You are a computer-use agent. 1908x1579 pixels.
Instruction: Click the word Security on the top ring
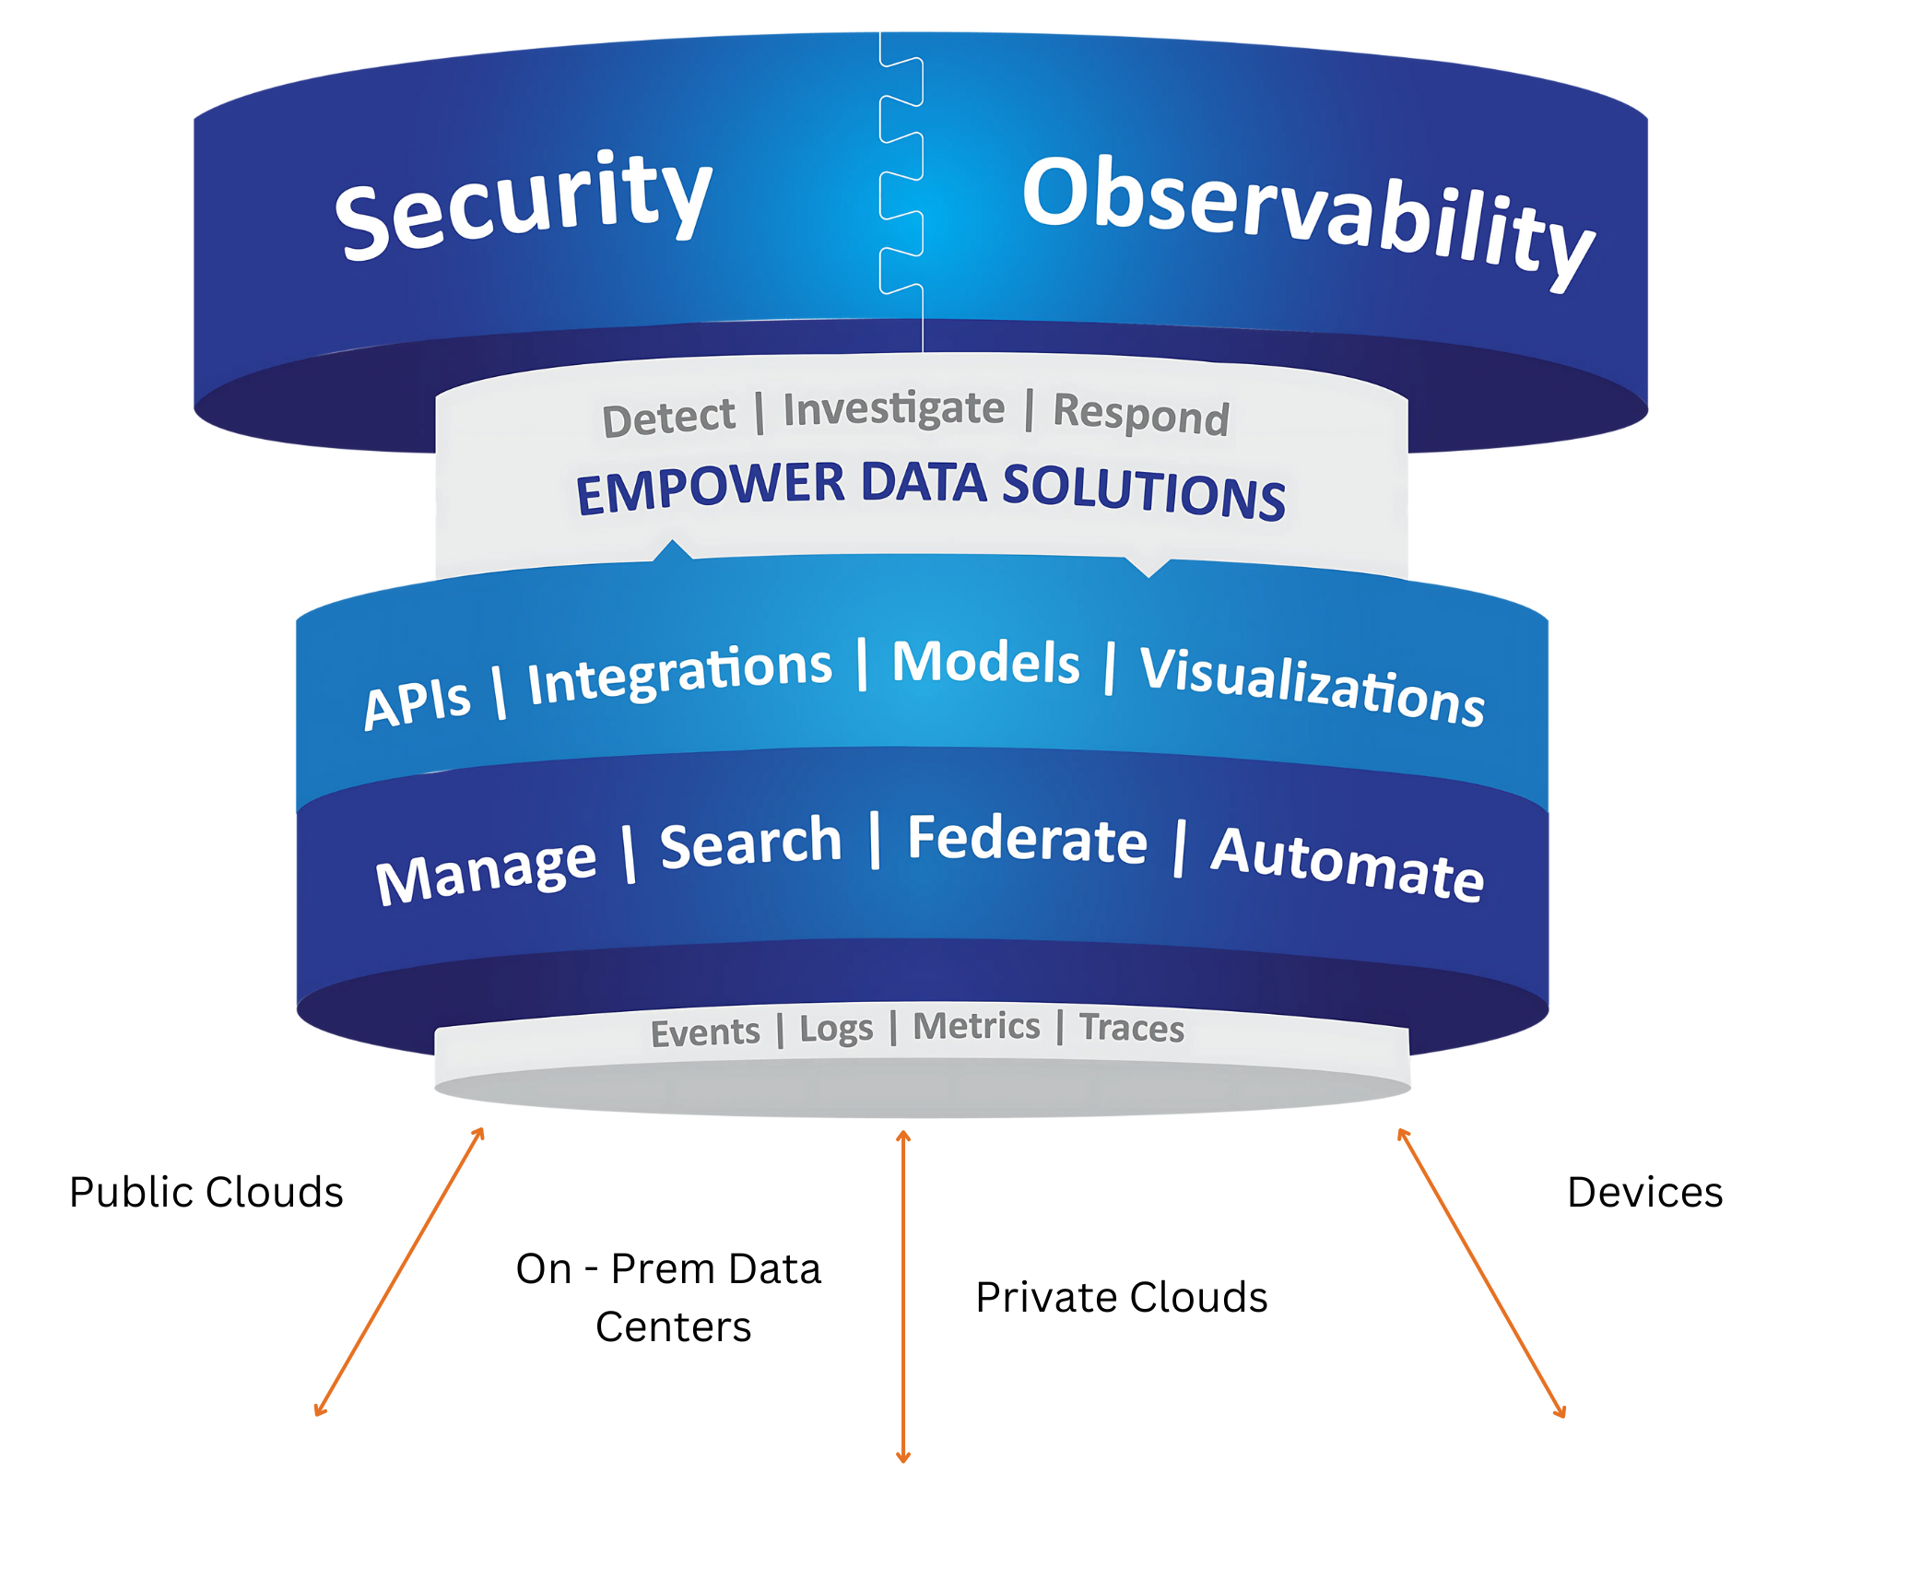click(x=523, y=207)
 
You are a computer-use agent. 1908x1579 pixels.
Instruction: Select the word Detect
click(x=668, y=418)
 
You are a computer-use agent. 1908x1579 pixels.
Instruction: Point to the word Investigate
click(x=893, y=409)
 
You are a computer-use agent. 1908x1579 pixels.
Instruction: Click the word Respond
click(x=1141, y=415)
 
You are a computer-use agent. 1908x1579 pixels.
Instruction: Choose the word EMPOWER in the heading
click(x=710, y=488)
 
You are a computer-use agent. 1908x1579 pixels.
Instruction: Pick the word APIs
click(x=417, y=702)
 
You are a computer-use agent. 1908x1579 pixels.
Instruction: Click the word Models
click(x=985, y=662)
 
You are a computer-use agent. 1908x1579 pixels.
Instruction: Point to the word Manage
click(x=486, y=870)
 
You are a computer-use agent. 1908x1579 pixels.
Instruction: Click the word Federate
click(x=1027, y=840)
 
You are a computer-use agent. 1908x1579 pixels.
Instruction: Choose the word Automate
click(x=1347, y=864)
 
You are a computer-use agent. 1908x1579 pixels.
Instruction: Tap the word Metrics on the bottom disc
click(x=976, y=1026)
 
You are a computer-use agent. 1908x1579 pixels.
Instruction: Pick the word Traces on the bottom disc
click(x=1132, y=1028)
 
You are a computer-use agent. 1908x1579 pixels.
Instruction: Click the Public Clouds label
click(x=206, y=1192)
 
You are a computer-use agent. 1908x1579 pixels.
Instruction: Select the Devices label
click(x=1644, y=1192)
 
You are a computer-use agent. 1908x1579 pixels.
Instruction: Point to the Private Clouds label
click(x=1121, y=1297)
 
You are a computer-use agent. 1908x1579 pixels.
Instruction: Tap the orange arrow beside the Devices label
click(x=1481, y=1272)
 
